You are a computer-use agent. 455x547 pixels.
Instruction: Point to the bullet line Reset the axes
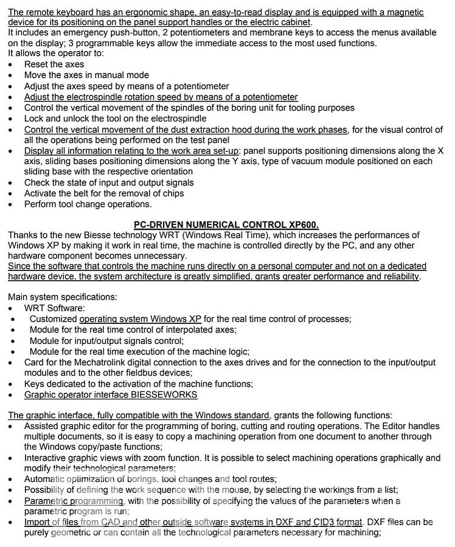click(x=54, y=64)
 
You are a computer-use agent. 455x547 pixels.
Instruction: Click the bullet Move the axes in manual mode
click(x=86, y=75)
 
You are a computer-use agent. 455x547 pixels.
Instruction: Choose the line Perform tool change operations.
click(x=88, y=204)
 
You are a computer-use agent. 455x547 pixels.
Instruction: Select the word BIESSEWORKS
click(x=164, y=394)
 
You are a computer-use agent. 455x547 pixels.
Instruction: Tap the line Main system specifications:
click(x=63, y=297)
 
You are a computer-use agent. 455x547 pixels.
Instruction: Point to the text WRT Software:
click(x=55, y=308)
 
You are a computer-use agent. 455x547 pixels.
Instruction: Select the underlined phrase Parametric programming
click(x=74, y=501)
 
